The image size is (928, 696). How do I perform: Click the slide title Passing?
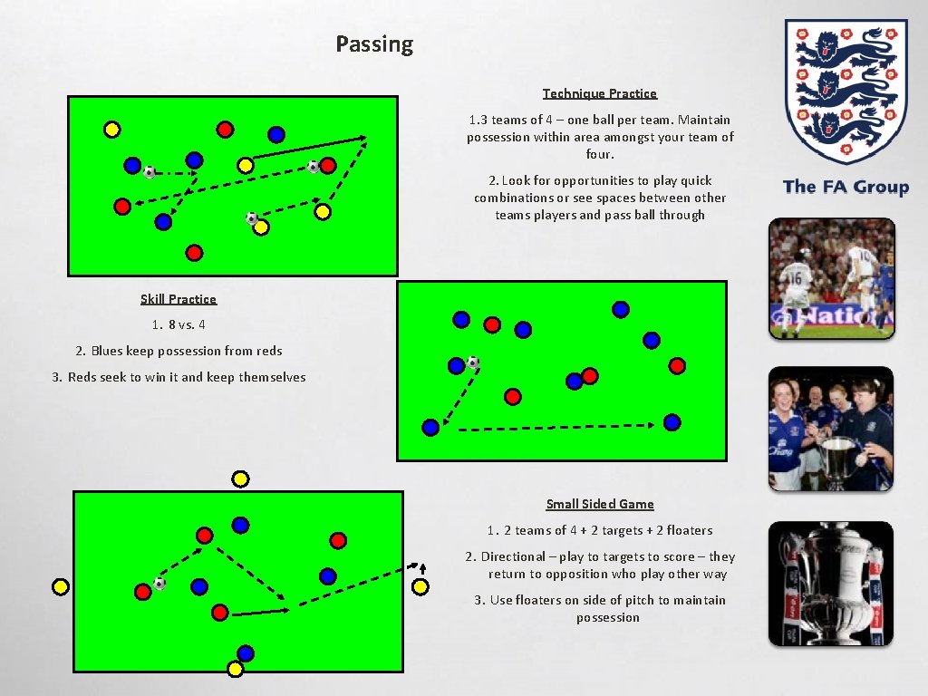[x=374, y=44]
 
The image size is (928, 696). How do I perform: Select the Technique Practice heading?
[x=600, y=93]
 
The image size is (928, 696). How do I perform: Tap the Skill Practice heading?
[x=179, y=299]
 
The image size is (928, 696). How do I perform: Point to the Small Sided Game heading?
[x=600, y=504]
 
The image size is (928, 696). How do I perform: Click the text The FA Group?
[x=846, y=187]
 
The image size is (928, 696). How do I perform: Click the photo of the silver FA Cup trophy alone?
[x=831, y=584]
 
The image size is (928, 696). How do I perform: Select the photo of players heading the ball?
[x=831, y=278]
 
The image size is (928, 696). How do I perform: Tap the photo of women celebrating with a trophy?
[x=831, y=429]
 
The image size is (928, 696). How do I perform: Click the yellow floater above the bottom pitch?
[x=240, y=478]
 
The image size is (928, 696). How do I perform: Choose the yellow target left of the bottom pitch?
[x=61, y=586]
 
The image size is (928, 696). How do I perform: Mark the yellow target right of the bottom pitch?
[x=420, y=586]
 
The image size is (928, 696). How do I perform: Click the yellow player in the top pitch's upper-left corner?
[x=111, y=130]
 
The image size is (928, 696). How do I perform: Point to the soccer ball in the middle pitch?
[x=472, y=362]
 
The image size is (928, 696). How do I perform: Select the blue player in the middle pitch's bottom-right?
[x=672, y=422]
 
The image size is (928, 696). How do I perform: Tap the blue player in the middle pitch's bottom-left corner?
[x=430, y=427]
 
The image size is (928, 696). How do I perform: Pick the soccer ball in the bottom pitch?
[x=159, y=584]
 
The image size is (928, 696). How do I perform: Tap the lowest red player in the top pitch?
[x=193, y=252]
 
